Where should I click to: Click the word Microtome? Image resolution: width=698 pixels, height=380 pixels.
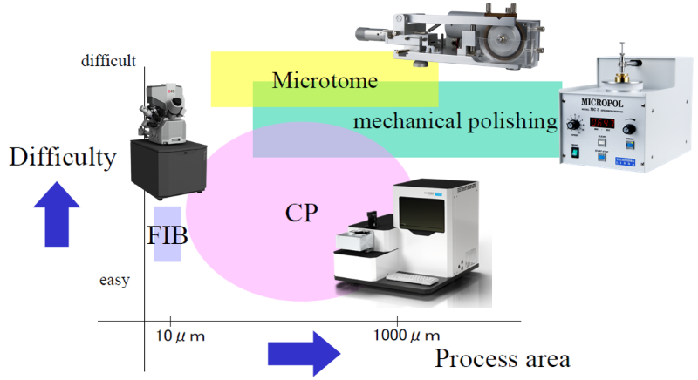tap(325, 81)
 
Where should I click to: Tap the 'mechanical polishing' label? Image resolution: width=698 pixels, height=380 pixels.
tap(455, 120)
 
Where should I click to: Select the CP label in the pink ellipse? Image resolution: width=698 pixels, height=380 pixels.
tap(302, 214)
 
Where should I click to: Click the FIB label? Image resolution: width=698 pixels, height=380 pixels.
tap(168, 235)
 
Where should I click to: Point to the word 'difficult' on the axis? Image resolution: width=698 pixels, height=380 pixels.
tap(108, 61)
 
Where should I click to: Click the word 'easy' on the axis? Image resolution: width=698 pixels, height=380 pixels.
tap(114, 280)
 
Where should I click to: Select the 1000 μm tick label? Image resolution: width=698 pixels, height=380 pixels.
tap(407, 336)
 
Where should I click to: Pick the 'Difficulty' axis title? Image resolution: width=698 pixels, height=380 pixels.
tap(62, 158)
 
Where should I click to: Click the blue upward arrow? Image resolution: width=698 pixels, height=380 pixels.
tap(56, 214)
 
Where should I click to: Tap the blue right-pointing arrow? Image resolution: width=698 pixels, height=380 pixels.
tap(303, 353)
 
